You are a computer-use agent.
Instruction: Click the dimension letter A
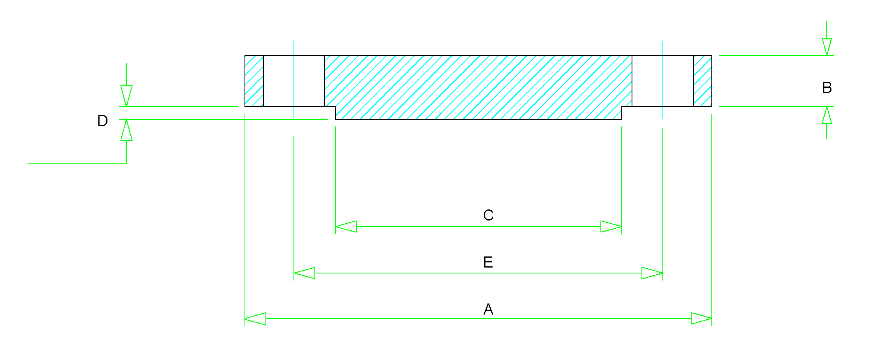click(x=488, y=309)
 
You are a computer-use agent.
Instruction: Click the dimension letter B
click(x=827, y=88)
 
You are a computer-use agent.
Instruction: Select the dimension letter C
click(x=488, y=215)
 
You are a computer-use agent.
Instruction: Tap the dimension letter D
click(x=103, y=121)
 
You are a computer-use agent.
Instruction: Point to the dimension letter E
click(x=488, y=262)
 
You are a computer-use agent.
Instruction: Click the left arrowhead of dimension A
click(x=256, y=319)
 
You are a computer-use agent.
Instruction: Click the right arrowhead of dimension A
click(x=701, y=319)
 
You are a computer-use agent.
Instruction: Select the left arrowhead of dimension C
click(x=346, y=226)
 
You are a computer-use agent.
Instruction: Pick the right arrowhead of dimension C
click(x=611, y=226)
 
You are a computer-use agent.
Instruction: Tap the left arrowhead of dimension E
click(x=305, y=273)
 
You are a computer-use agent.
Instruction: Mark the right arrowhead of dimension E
click(x=652, y=273)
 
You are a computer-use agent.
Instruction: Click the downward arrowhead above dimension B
click(x=827, y=47)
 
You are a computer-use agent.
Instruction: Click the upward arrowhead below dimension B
click(x=827, y=115)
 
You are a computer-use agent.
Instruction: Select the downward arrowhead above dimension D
click(x=126, y=96)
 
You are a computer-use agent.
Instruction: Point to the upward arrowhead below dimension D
click(x=126, y=130)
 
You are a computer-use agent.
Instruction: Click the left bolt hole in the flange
click(x=294, y=81)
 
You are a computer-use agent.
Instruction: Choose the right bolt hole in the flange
click(x=663, y=81)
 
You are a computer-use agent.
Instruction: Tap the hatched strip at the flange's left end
click(x=254, y=81)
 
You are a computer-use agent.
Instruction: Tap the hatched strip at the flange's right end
click(x=703, y=81)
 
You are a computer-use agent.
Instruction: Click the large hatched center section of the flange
click(x=478, y=85)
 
